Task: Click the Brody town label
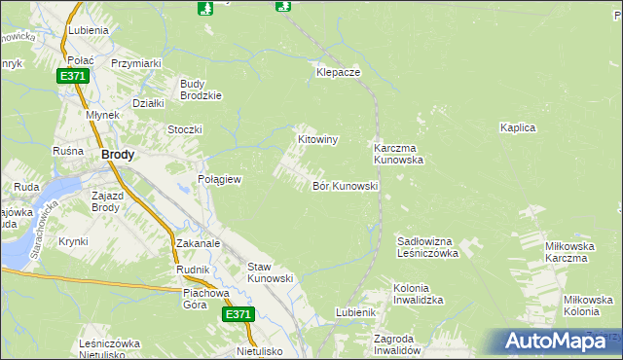coord(118,155)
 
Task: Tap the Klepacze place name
coord(339,73)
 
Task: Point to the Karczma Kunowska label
coord(398,154)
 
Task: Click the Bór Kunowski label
coord(345,186)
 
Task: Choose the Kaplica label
coord(519,127)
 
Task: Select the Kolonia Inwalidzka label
coord(419,295)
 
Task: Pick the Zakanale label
coord(199,243)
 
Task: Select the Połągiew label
coord(219,180)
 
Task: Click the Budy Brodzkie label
coord(202,90)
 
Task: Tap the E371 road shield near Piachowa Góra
coord(238,315)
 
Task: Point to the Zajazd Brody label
coord(105,200)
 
